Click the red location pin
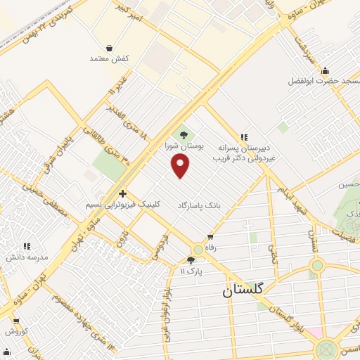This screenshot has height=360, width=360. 181,166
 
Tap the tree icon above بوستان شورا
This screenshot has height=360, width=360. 184,134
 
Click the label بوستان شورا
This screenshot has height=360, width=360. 184,148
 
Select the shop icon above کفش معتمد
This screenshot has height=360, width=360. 109,49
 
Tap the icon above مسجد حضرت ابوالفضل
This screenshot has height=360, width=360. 325,70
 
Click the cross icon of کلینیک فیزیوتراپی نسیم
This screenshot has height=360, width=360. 122,193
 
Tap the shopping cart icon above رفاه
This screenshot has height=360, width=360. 210,237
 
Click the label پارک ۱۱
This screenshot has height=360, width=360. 191,271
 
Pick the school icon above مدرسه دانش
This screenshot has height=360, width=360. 27,246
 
